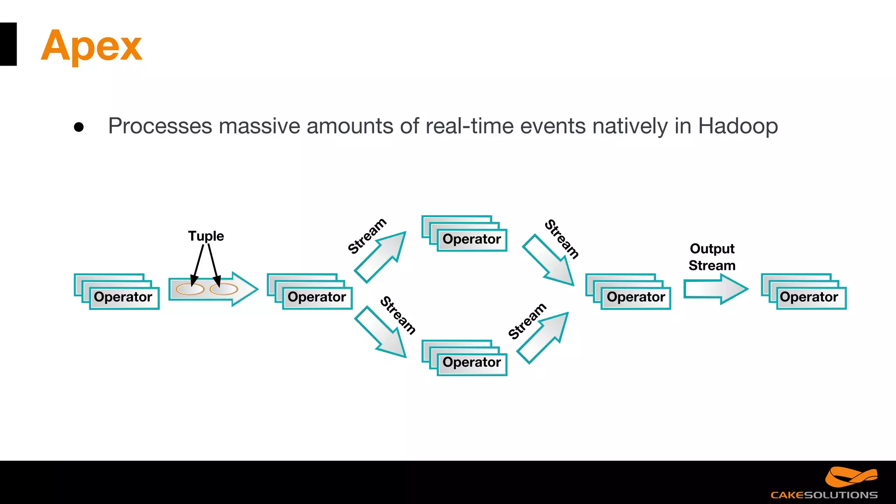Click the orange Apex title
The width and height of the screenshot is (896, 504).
(91, 46)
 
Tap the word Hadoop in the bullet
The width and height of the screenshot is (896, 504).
(738, 126)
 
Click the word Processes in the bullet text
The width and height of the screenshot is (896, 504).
(160, 126)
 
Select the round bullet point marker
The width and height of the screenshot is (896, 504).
(79, 127)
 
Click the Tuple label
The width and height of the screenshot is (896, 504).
(206, 236)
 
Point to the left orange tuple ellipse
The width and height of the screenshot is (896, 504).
(190, 289)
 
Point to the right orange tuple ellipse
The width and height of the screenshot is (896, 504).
(224, 289)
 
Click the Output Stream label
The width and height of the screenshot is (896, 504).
(712, 257)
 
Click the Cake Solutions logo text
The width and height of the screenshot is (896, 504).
(824, 495)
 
